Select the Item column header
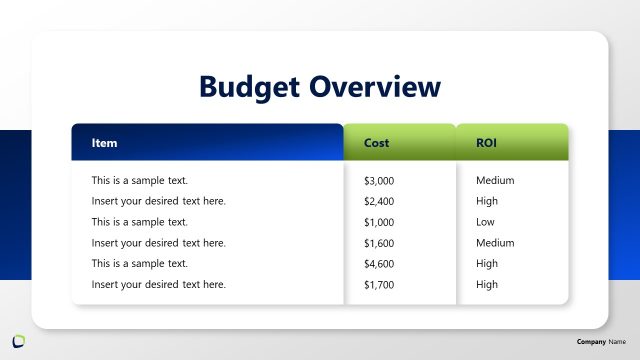pos(104,143)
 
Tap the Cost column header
pos(376,143)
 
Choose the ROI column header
pos(486,143)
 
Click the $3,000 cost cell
pos(379,181)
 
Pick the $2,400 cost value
pos(379,201)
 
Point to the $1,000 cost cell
pos(379,222)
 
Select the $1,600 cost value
pos(379,243)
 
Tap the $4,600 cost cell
pos(379,264)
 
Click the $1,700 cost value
pos(379,285)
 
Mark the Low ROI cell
pos(485,222)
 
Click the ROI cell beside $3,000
pos(495,181)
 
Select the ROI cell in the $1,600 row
pos(495,243)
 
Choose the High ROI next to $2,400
pos(487,201)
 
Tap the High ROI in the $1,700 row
pos(487,285)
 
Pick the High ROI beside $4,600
pos(487,264)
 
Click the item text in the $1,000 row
pos(139,222)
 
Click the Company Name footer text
pos(600,342)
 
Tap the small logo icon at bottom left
pos(19,341)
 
